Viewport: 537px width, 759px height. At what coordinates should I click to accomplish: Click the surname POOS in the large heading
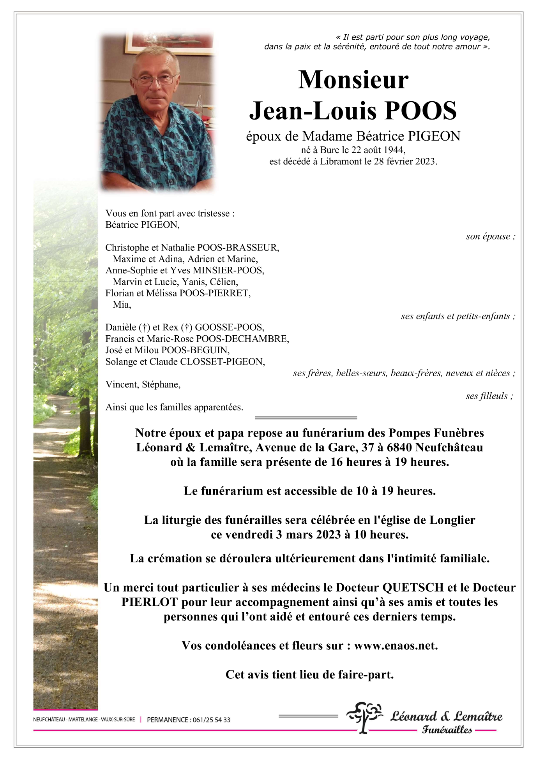[420, 111]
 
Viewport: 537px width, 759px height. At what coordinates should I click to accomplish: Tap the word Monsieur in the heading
[353, 80]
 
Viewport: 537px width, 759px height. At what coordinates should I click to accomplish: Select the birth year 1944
[394, 150]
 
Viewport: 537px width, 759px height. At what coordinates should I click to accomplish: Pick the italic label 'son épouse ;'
[490, 236]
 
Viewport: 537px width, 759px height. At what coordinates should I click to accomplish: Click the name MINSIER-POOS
[229, 270]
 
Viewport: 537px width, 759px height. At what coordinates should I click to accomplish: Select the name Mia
[121, 305]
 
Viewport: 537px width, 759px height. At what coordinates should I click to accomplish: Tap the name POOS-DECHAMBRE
[242, 339]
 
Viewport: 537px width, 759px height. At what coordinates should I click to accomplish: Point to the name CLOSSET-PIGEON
[222, 362]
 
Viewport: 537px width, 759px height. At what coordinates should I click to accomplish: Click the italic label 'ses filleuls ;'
[489, 396]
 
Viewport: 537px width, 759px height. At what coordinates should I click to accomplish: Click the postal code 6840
[399, 447]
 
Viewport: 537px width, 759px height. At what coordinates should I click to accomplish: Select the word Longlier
[452, 520]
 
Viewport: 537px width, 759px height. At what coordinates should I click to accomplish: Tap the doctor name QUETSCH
[413, 587]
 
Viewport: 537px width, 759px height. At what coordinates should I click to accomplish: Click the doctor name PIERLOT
[150, 602]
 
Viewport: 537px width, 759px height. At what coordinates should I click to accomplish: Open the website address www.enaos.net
[396, 646]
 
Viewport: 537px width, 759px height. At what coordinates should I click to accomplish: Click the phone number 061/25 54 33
[211, 720]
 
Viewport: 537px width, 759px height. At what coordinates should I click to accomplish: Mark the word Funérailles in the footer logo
[447, 730]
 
